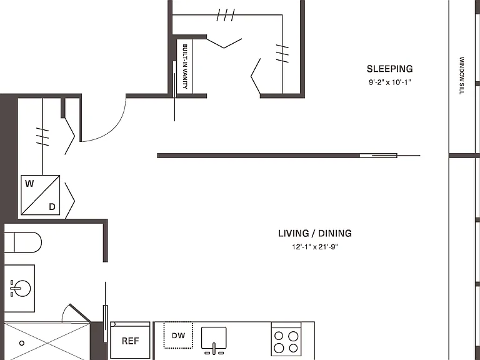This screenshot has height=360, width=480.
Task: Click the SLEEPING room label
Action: [x=390, y=69]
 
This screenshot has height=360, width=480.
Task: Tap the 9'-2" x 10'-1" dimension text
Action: [x=389, y=82]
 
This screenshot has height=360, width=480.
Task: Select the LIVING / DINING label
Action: [x=315, y=233]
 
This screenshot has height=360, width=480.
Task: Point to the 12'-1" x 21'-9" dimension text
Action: [x=315, y=247]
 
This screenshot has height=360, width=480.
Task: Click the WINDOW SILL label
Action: [x=462, y=76]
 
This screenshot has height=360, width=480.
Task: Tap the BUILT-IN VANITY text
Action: [x=184, y=66]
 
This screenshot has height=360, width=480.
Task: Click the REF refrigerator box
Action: [x=130, y=340]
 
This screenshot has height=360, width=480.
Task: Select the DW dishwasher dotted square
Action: [x=178, y=335]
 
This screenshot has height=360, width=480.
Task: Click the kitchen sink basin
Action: [x=214, y=337]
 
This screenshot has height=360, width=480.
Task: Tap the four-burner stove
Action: [x=286, y=339]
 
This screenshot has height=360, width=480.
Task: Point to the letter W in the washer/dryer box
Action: [x=29, y=184]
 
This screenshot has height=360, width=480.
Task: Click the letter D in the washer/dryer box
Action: [x=52, y=207]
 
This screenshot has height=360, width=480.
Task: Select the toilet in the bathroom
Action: [x=23, y=242]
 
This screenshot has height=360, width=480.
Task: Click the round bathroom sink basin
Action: [x=22, y=288]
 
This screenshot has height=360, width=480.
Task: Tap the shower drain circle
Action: [x=22, y=343]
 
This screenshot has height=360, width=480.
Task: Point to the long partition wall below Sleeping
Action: [x=277, y=156]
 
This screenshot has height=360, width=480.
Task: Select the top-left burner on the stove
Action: [x=279, y=336]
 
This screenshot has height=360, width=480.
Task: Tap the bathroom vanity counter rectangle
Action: [x=19, y=288]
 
